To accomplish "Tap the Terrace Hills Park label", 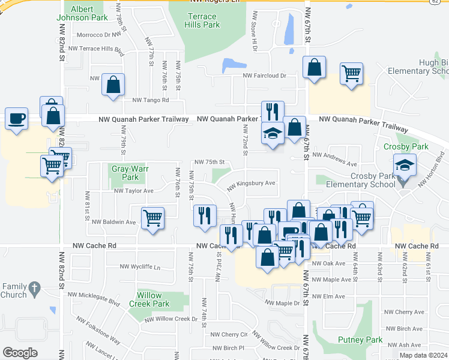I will tap(203, 20).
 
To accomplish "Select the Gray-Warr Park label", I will tap(125, 173).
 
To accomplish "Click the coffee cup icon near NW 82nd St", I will tap(16, 118).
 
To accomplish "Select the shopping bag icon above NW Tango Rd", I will tap(113, 85).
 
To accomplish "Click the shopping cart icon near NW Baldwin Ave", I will tap(153, 218).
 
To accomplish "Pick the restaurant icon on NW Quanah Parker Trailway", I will tap(273, 111).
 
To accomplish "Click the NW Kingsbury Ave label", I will tap(251, 185).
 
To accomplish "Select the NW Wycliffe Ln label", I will tap(140, 267).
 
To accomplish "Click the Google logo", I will tap(20, 353).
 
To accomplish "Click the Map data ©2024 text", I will tap(423, 355).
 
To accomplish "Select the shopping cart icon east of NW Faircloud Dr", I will tap(351, 74).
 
